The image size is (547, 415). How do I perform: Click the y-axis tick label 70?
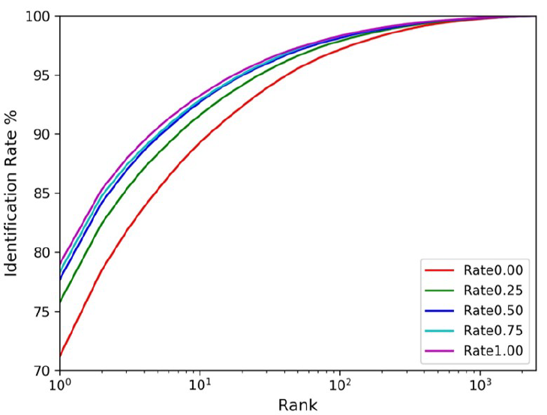(43, 371)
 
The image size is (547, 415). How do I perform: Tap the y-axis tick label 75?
(43, 312)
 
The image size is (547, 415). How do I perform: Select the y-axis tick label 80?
(43, 252)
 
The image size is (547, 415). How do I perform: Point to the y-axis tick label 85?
(43, 193)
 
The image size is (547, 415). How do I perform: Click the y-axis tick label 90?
(43, 134)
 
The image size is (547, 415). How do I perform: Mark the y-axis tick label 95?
(43, 75)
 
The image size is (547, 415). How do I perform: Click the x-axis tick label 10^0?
(59, 386)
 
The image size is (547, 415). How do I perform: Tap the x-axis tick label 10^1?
(200, 386)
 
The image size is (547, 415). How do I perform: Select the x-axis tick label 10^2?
(340, 386)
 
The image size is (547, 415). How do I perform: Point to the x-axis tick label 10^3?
(480, 386)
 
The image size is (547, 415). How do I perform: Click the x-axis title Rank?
(298, 405)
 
